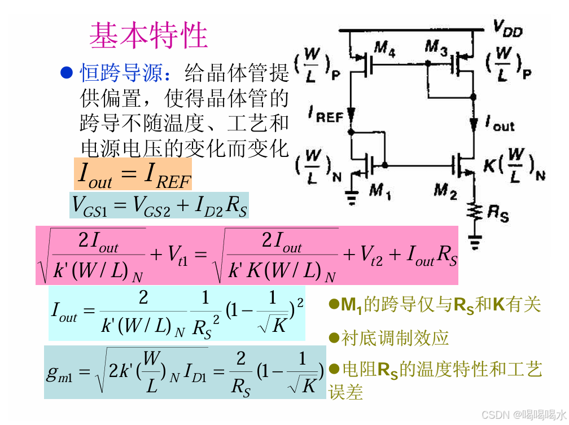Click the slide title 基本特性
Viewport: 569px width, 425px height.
(148, 36)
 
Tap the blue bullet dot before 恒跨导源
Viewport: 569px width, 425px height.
(67, 72)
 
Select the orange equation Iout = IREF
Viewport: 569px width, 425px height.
(133, 174)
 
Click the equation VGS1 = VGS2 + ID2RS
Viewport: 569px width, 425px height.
(159, 205)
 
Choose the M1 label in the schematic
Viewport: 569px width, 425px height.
(380, 192)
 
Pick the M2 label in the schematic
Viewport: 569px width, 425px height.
(445, 192)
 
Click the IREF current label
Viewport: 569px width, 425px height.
(326, 116)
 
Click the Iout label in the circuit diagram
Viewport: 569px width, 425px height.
(500, 123)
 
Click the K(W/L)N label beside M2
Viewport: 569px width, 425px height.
(513, 166)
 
